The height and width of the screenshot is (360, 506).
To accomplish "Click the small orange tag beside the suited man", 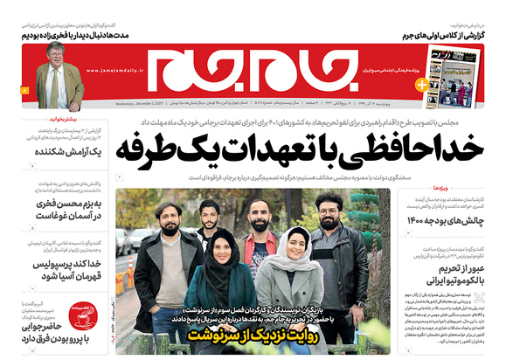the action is (x=24, y=91).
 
